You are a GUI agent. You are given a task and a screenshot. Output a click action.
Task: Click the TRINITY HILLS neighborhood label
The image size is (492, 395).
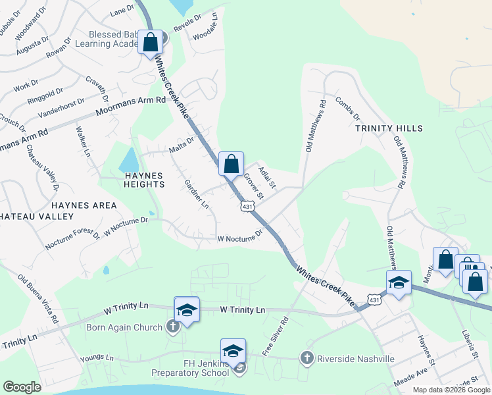[389, 128]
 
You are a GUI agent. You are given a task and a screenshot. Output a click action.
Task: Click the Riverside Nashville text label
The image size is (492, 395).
[356, 359]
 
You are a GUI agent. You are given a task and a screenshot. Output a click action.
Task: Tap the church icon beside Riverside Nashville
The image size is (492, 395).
[306, 358]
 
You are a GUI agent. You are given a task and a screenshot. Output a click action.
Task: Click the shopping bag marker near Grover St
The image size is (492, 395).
[231, 164]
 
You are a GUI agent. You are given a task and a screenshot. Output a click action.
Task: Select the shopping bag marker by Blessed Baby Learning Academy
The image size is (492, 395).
[150, 43]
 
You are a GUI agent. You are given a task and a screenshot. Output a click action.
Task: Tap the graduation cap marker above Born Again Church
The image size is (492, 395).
[187, 310]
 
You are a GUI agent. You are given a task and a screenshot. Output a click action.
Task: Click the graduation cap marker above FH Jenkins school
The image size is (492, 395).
[233, 351]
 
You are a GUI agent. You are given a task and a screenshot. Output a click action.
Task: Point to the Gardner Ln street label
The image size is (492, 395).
[196, 195]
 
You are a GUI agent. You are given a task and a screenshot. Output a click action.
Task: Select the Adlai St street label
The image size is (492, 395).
[266, 176]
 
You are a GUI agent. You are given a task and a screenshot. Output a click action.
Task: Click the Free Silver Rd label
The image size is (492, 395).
[276, 336]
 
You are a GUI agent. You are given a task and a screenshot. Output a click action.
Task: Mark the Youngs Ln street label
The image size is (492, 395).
[97, 358]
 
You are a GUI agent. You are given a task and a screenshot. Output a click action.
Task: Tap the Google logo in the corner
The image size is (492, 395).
[21, 387]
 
